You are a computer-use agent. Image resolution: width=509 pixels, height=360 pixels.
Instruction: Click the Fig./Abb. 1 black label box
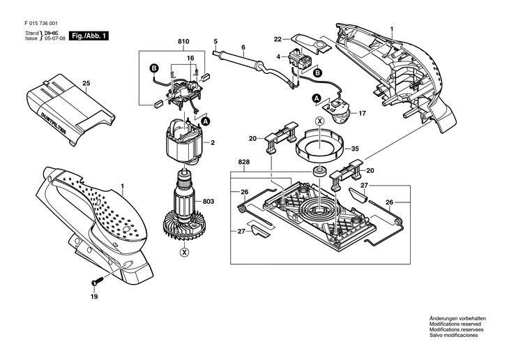pos(89,36)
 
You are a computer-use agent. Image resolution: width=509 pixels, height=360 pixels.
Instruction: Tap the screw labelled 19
pos(97,280)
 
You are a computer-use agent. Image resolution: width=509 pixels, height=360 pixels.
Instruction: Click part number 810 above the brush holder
pos(183,42)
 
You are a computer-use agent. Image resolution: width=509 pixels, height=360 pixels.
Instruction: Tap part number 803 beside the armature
pos(208,202)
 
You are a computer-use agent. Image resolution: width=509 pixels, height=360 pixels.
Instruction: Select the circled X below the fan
pos(185,252)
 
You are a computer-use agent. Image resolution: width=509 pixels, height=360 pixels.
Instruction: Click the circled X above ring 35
pos(320,121)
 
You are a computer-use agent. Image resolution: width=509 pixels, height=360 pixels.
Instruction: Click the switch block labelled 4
pos(299,60)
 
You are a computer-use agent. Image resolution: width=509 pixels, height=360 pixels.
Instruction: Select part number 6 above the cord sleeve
pos(243,47)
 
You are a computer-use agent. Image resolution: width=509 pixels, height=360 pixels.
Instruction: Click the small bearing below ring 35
pos(320,170)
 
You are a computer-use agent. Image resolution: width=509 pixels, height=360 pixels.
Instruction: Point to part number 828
pos(244,161)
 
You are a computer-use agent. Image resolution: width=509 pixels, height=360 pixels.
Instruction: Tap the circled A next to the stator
pos(205,121)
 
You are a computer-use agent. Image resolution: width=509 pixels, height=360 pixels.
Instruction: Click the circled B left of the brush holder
pos(155,68)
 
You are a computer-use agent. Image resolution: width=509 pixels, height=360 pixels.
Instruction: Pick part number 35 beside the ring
pos(355,149)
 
